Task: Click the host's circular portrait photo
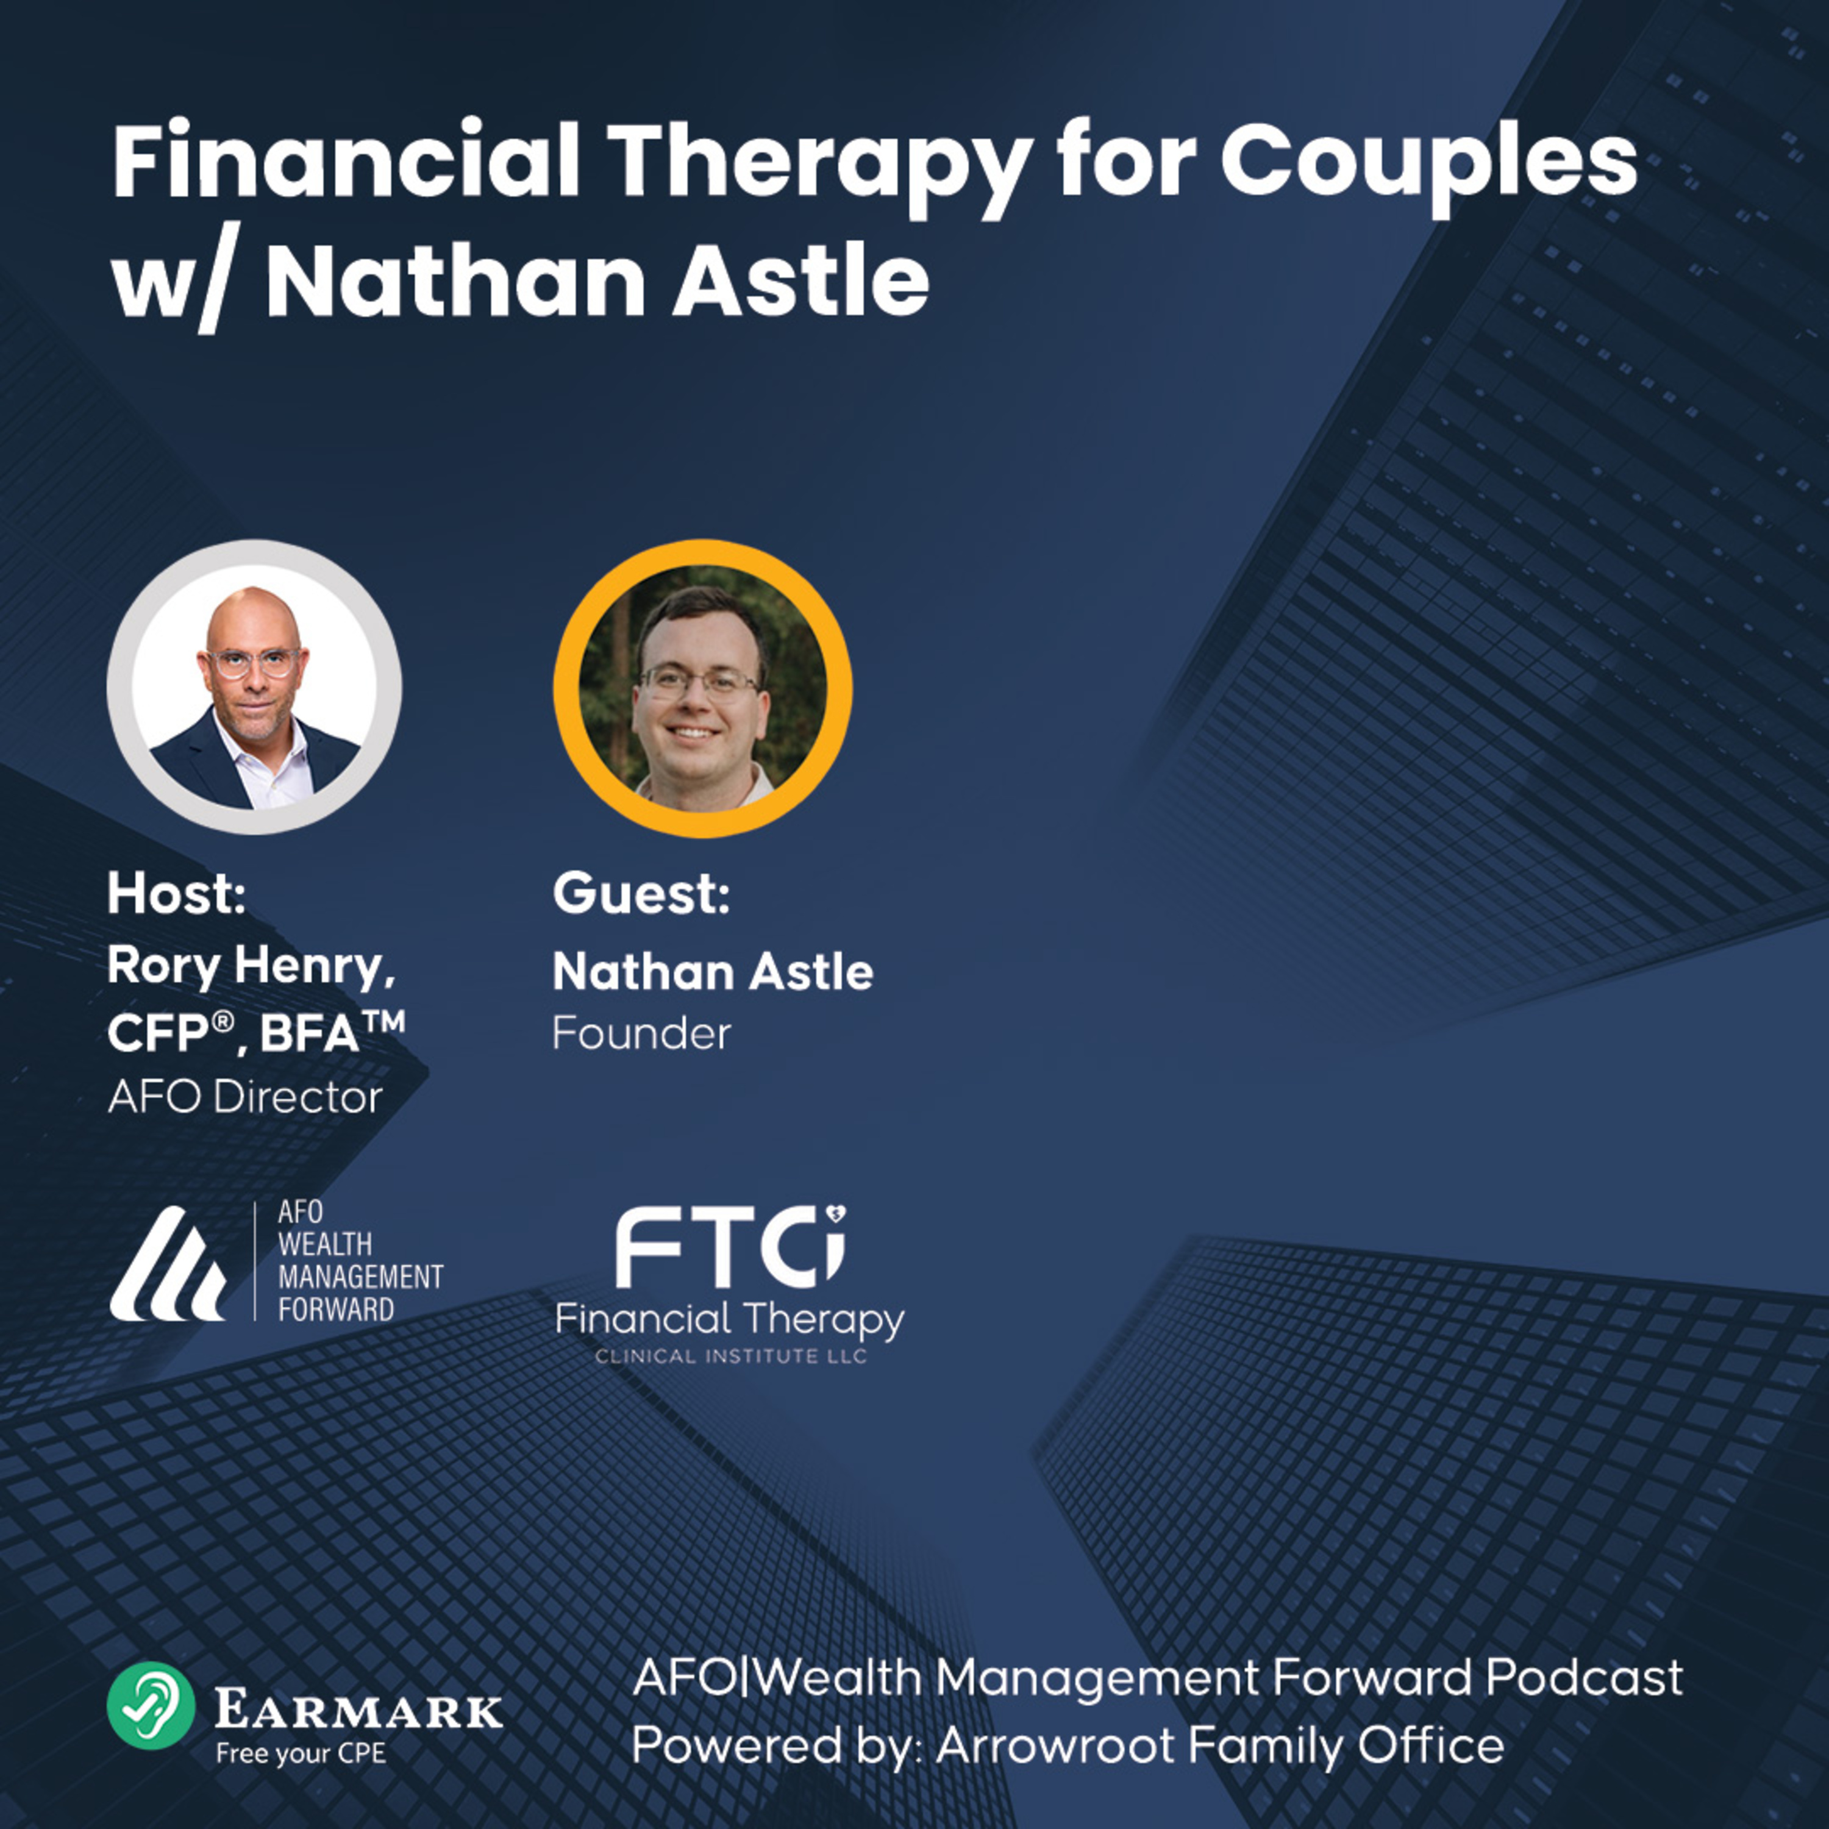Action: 254,687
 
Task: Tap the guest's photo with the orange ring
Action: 702,688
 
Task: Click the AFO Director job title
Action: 245,1097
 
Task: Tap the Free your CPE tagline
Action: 301,1754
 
